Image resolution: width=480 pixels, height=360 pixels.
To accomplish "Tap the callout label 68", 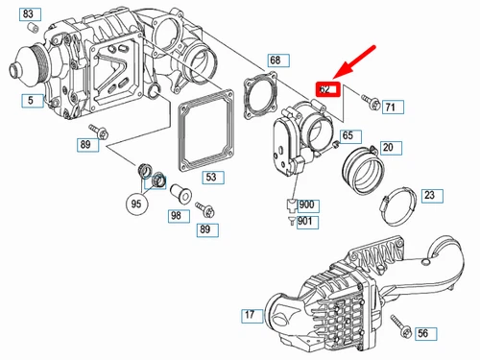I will tap(275, 60).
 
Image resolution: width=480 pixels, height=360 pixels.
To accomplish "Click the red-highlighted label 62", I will tap(327, 88).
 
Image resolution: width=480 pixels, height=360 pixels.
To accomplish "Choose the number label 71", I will tap(390, 107).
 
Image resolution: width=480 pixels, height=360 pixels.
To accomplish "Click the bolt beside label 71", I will tap(370, 99).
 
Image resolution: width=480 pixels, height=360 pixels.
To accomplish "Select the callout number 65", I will tap(348, 135).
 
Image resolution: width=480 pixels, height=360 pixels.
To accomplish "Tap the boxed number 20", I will tap(387, 148).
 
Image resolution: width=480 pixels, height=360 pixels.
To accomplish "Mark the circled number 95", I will tap(137, 203).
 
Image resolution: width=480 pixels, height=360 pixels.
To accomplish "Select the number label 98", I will tap(176, 216).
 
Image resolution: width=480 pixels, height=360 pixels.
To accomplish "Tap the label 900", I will tap(305, 205).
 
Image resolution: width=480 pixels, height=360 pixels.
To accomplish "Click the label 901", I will tap(305, 222).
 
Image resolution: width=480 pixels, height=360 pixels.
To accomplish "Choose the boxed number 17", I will tap(249, 315).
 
